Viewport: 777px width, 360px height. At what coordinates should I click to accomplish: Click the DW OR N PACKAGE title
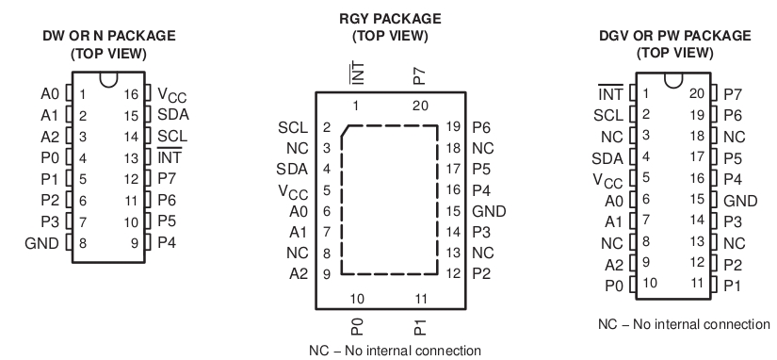(108, 36)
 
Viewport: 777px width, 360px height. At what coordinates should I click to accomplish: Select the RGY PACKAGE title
(389, 19)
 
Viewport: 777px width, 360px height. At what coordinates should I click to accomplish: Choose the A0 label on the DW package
(51, 94)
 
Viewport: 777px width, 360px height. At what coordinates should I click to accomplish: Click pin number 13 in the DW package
(133, 158)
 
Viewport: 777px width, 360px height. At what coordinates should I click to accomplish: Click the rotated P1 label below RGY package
(419, 326)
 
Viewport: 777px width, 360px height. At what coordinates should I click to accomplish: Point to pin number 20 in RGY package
(420, 105)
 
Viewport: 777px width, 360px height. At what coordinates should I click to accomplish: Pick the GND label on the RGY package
(489, 210)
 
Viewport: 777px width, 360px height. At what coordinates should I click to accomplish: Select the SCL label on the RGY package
(293, 126)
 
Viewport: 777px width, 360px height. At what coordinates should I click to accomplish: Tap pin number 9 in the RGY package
(326, 273)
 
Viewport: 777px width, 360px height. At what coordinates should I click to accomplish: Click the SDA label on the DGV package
(607, 156)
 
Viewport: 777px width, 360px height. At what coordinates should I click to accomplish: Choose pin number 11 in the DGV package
(696, 283)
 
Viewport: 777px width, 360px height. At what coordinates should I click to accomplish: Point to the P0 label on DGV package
(613, 283)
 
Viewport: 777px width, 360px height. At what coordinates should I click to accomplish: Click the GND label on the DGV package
(742, 199)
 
